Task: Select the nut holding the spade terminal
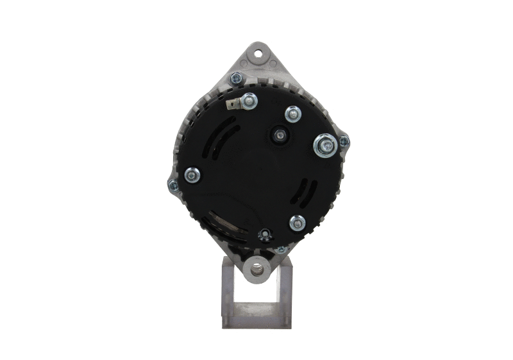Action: pos(249,100)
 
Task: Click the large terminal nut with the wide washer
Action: pos(325,146)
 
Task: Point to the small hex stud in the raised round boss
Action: pos(280,135)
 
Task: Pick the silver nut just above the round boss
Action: pos(293,114)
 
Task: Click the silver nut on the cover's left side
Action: pos(192,175)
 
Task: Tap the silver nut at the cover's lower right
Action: pos(297,223)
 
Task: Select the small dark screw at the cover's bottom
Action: pos(263,236)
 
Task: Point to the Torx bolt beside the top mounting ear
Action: pos(237,79)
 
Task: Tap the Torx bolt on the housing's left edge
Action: pos(172,185)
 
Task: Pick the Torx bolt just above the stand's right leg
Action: pos(281,248)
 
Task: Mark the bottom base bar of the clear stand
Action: pos(257,319)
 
